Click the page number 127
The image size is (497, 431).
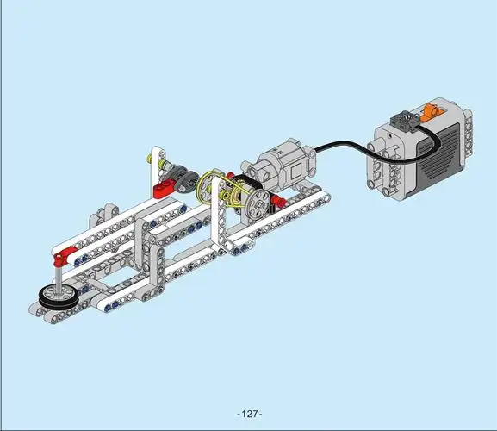point(250,414)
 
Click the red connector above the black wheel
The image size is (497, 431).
point(62,256)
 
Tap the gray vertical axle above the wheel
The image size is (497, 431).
point(59,279)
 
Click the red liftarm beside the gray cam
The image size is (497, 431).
point(165,188)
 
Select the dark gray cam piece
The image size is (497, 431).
point(184,179)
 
